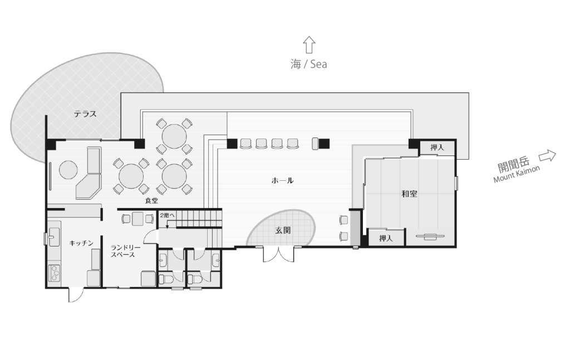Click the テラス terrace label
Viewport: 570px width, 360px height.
click(85, 114)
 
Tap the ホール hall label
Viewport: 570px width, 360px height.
click(282, 180)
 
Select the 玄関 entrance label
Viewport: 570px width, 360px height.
click(283, 230)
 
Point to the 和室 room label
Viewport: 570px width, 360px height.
click(409, 194)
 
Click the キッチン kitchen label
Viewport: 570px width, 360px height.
click(81, 243)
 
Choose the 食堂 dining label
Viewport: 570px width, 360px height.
click(151, 200)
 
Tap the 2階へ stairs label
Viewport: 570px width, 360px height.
click(167, 215)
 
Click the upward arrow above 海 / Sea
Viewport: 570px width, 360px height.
click(309, 45)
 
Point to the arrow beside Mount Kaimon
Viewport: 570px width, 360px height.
click(548, 156)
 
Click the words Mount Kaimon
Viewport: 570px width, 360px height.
click(517, 174)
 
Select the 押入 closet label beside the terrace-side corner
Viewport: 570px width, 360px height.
click(437, 147)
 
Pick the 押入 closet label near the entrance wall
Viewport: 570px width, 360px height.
click(386, 238)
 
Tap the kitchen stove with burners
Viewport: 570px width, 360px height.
click(55, 273)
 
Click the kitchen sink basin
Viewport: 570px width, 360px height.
click(54, 237)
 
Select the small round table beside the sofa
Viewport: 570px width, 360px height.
click(68, 170)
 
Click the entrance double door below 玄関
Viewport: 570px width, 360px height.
click(278, 254)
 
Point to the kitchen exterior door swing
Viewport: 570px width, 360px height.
click(76, 294)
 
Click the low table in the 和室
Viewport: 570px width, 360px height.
click(430, 236)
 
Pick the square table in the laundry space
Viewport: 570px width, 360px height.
click(138, 219)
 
